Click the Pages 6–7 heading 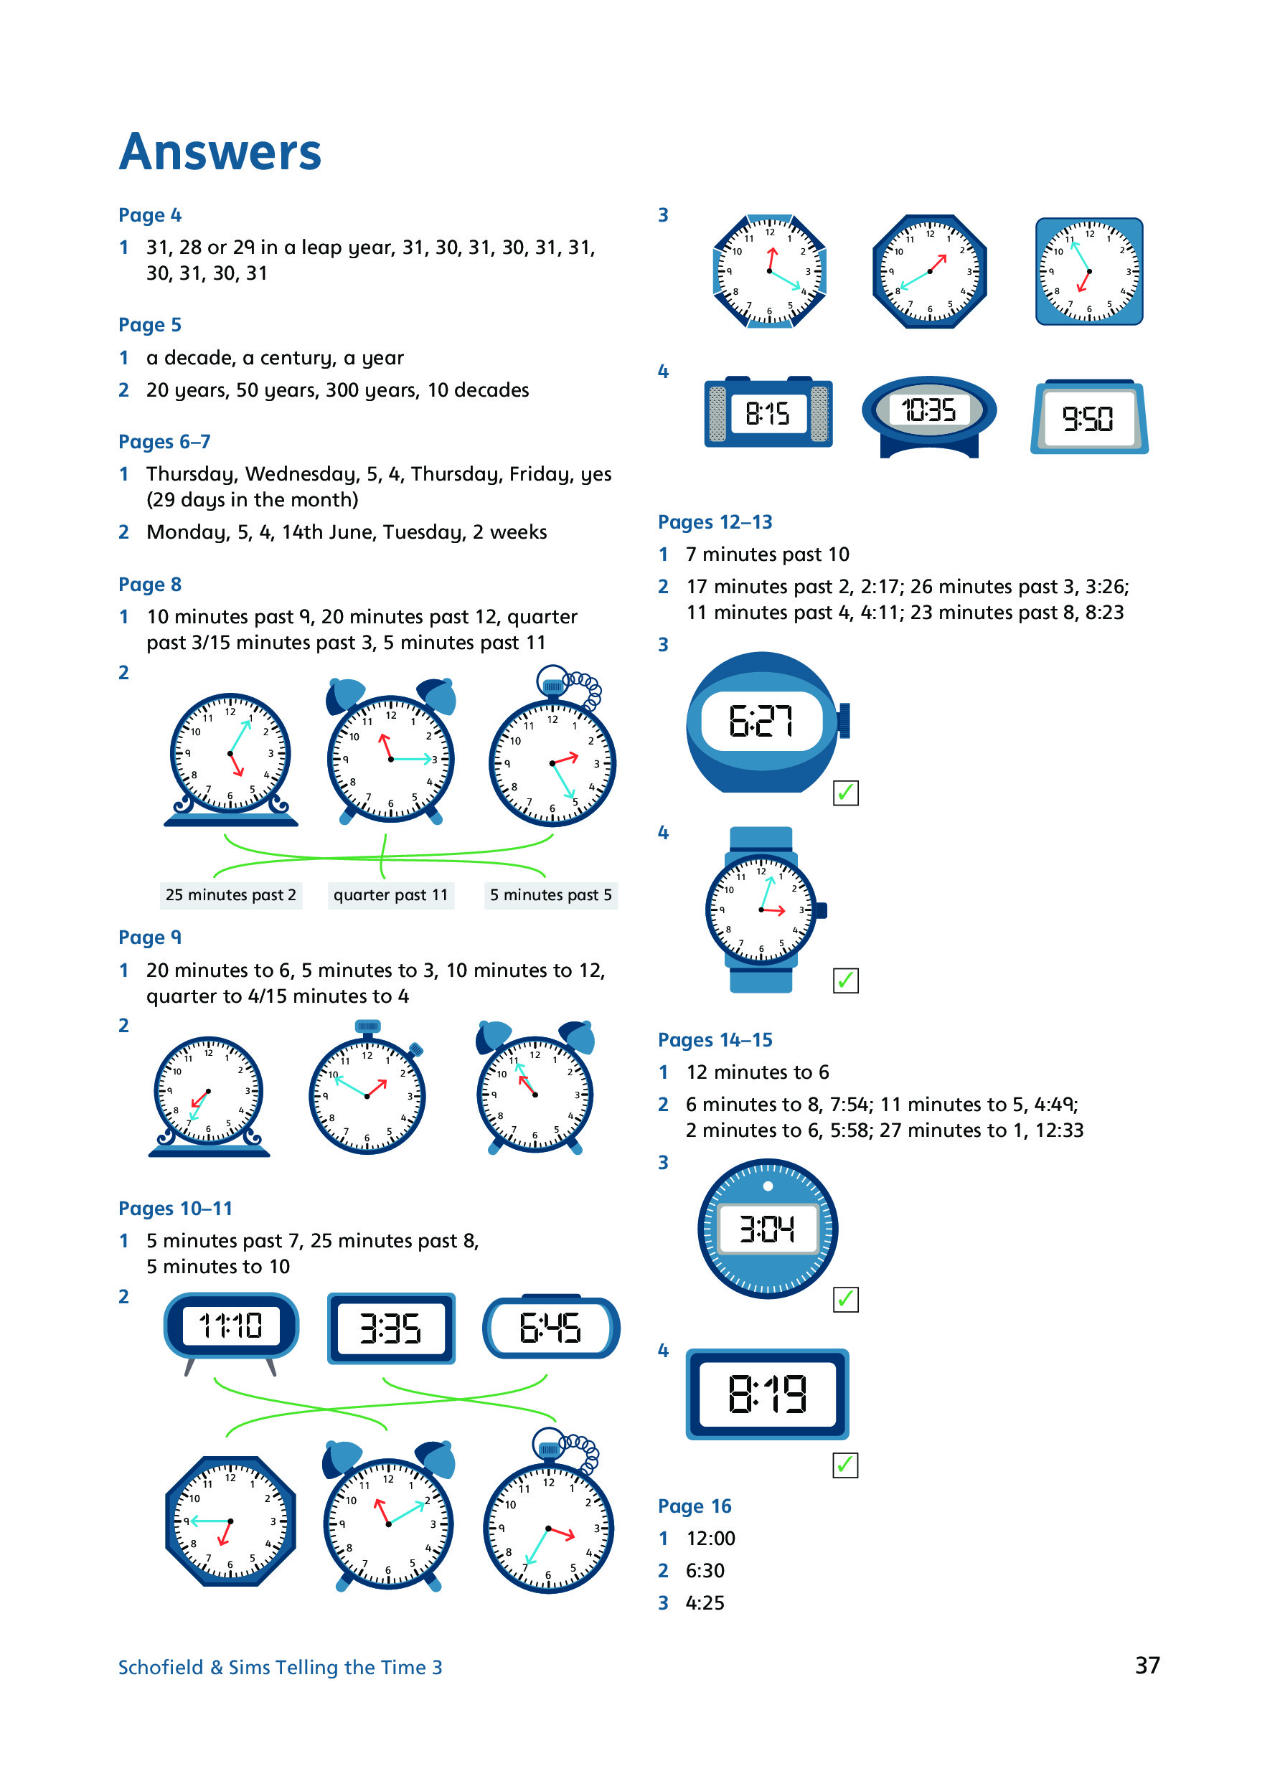point(164,441)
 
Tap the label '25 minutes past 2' point(230,895)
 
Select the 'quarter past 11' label point(390,895)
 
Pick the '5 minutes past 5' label point(550,895)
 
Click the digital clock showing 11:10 point(230,1325)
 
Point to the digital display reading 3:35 point(390,1328)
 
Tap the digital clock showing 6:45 point(550,1328)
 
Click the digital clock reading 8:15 point(767,413)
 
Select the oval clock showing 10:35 point(928,410)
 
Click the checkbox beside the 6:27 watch point(845,793)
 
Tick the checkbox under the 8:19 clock point(845,1465)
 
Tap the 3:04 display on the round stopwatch point(767,1229)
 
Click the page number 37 point(1147,1666)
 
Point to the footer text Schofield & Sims point(280,1667)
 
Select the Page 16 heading point(694,1506)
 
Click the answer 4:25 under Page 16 point(705,1602)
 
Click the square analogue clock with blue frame point(1088,271)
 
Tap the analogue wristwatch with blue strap point(761,910)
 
